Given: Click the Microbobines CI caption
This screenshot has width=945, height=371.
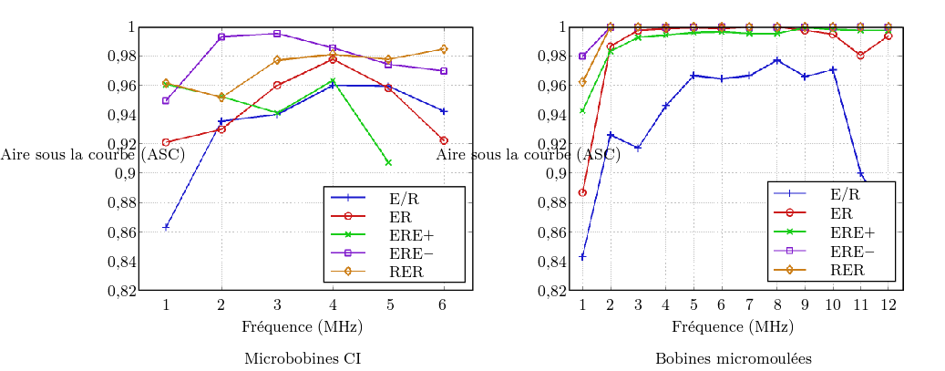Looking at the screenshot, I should pyautogui.click(x=303, y=358).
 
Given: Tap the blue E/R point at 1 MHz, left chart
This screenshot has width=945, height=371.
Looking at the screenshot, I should pyautogui.click(x=166, y=226).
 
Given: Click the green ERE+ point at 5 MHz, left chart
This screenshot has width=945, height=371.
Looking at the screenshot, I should pyautogui.click(x=388, y=162).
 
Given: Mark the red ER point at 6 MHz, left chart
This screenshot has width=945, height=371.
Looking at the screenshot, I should pyautogui.click(x=444, y=140).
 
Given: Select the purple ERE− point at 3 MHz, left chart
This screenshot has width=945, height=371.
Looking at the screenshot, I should pyautogui.click(x=277, y=34).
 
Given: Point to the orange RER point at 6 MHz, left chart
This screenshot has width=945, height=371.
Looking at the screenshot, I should pyautogui.click(x=444, y=48).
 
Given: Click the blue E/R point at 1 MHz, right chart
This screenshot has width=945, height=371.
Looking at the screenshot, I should pyautogui.click(x=582, y=257).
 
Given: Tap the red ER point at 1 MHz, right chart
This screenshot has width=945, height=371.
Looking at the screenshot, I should pyautogui.click(x=582, y=192).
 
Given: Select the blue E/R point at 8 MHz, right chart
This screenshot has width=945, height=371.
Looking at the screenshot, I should pyautogui.click(x=777, y=60).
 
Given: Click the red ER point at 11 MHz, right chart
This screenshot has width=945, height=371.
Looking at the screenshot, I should pyautogui.click(x=860, y=55).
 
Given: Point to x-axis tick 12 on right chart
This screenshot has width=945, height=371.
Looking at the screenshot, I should pyautogui.click(x=889, y=304).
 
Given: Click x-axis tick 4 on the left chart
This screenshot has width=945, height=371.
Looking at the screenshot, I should pyautogui.click(x=333, y=304).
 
